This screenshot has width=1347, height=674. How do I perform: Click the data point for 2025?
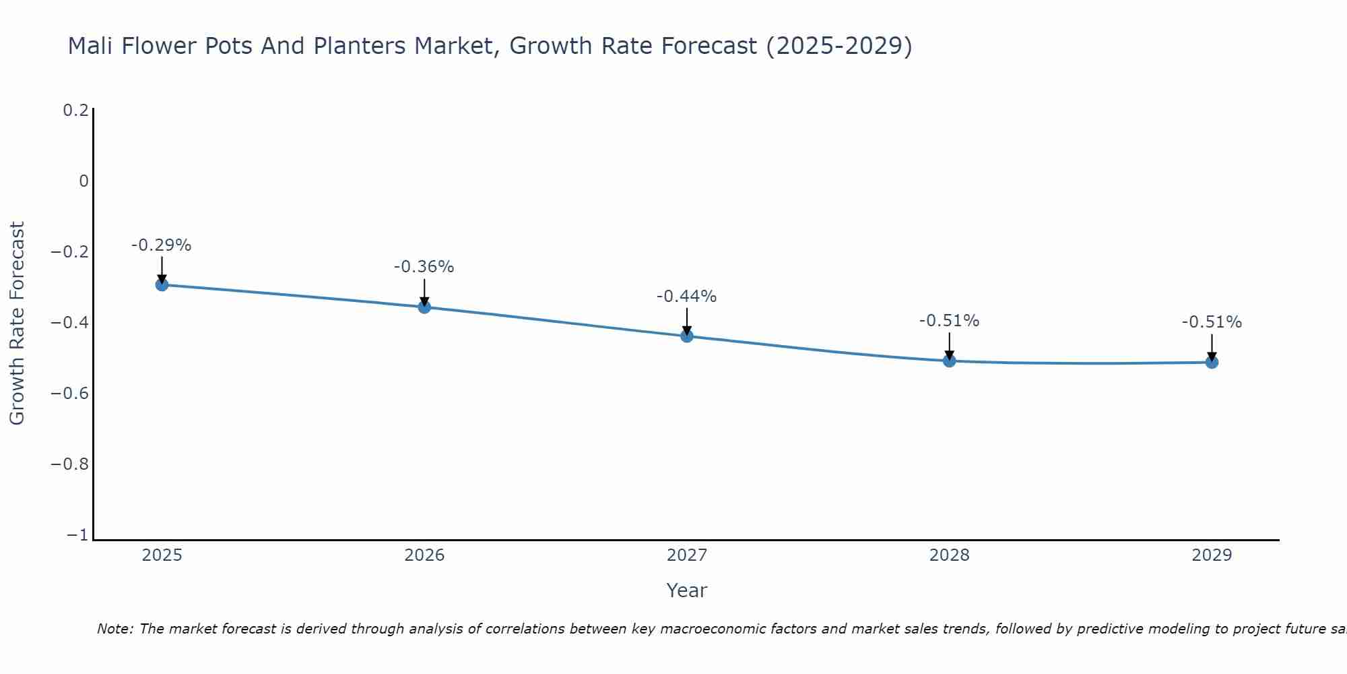(x=162, y=284)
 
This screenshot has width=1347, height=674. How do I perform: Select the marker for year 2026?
(x=424, y=307)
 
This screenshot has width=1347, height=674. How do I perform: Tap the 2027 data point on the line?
(x=687, y=336)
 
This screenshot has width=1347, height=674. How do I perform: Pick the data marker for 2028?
(x=949, y=361)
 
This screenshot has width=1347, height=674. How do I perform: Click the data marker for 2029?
(x=1212, y=362)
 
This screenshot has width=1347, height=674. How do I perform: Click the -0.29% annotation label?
(x=161, y=245)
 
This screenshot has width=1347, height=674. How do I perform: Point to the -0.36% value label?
(x=424, y=267)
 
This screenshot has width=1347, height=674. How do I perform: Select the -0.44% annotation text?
(x=686, y=297)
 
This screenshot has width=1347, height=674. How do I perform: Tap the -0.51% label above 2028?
(x=949, y=321)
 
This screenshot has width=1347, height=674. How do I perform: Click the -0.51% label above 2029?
(x=1212, y=322)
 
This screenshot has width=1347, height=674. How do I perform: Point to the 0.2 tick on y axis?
(x=75, y=110)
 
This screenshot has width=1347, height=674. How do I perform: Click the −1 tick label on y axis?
(x=77, y=535)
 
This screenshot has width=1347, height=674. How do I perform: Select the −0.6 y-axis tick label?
(x=69, y=394)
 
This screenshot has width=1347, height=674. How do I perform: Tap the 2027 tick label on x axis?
(x=686, y=555)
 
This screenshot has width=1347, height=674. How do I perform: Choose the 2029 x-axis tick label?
(x=1212, y=555)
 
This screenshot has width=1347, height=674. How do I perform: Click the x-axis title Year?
(x=686, y=590)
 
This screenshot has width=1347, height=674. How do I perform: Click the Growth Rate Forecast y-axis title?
(x=17, y=323)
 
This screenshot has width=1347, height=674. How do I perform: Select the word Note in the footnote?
(x=114, y=629)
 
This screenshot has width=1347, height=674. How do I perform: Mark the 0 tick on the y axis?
(x=84, y=181)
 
